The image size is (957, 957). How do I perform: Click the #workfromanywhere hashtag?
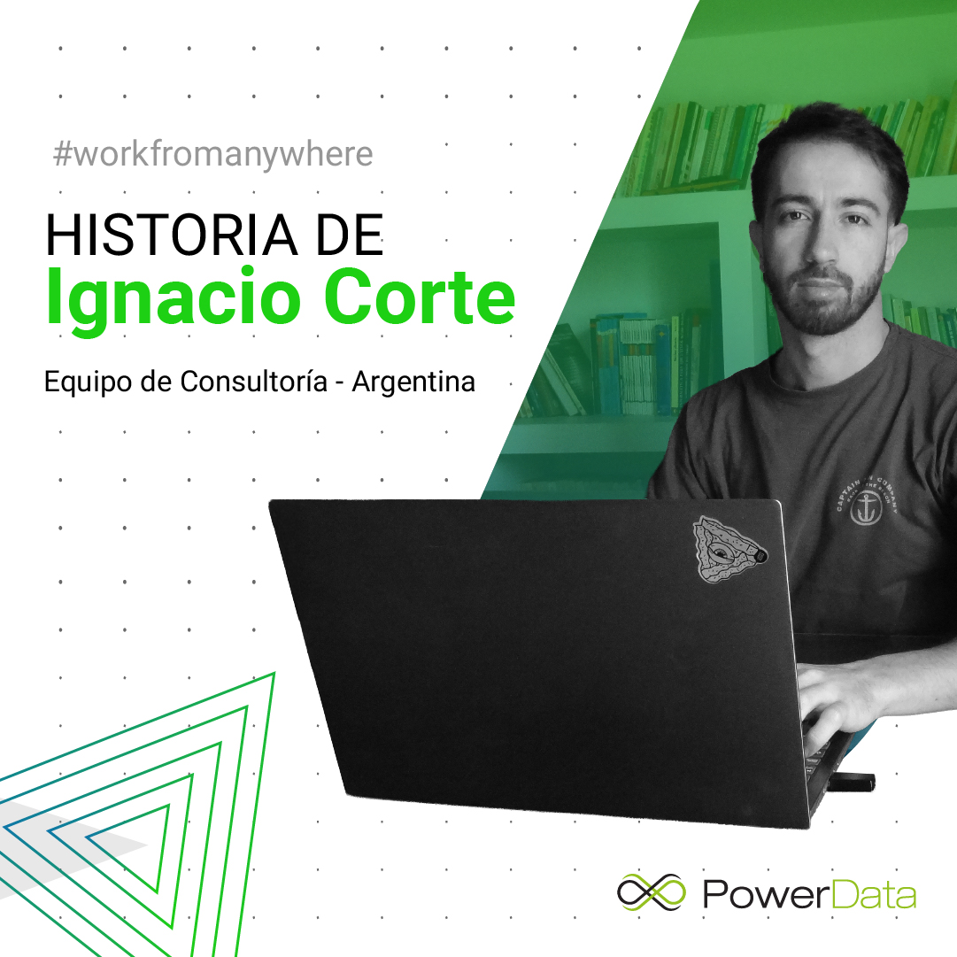coord(213,154)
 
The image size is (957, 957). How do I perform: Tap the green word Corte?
coord(420,297)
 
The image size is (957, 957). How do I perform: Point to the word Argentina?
coord(413,382)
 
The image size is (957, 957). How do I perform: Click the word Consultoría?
coord(253,382)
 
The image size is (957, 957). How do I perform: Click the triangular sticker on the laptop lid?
coord(728,549)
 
